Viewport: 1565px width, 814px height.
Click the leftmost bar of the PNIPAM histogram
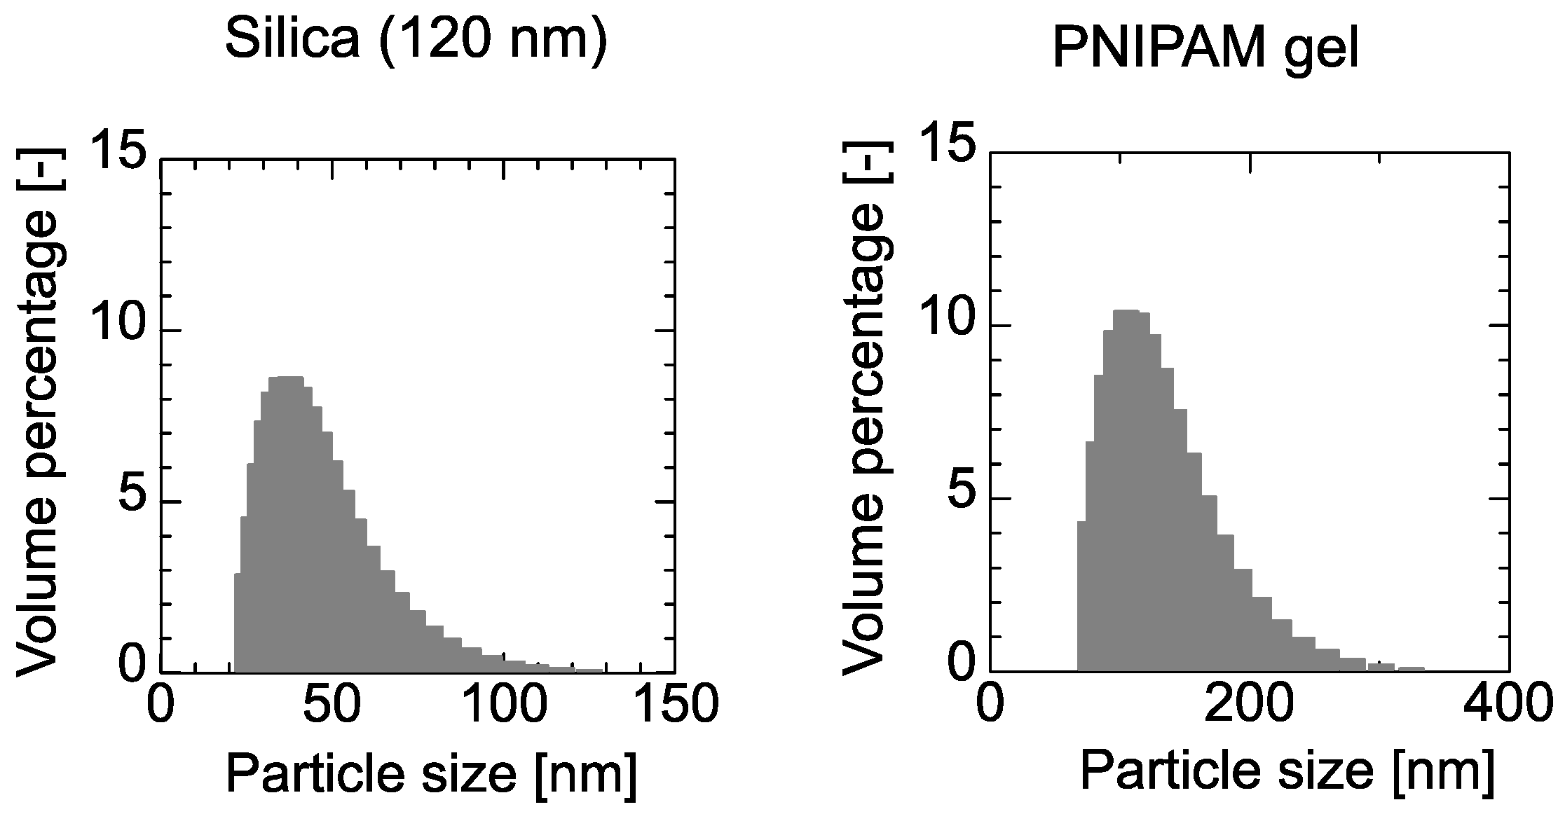click(1081, 595)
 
